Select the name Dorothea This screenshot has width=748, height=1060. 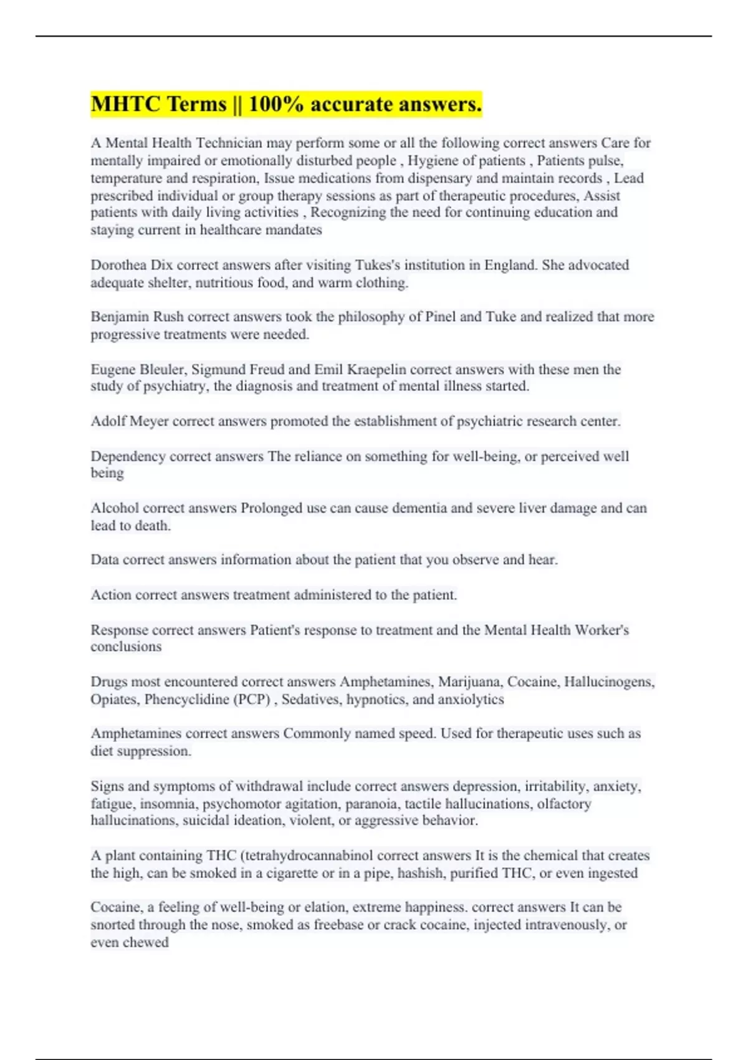118,265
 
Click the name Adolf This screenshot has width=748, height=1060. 107,422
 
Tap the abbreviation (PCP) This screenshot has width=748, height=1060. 252,700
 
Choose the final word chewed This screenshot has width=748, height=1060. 148,942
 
